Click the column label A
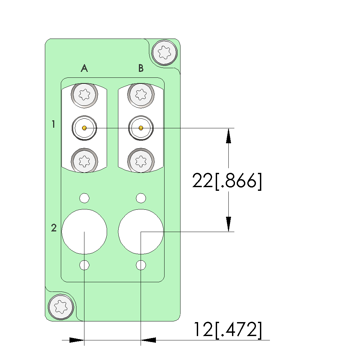pyautogui.click(x=84, y=68)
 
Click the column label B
pyautogui.click(x=141, y=68)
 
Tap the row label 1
pyautogui.click(x=54, y=124)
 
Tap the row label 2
pyautogui.click(x=54, y=228)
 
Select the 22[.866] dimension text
pyautogui.click(x=227, y=181)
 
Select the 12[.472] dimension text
pyautogui.click(x=228, y=330)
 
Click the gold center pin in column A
pyautogui.click(x=84, y=128)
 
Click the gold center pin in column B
pyautogui.click(x=141, y=128)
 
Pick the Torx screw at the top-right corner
pyautogui.click(x=165, y=53)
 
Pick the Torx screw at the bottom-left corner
pyautogui.click(x=61, y=307)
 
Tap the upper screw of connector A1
pyautogui.click(x=84, y=95)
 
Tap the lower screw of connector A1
pyautogui.click(x=84, y=161)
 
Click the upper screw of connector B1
pyautogui.click(x=141, y=95)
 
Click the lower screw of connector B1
pyautogui.click(x=141, y=161)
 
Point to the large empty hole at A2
pyautogui.click(x=84, y=232)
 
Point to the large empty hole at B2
pyautogui.click(x=141, y=232)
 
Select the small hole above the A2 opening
pyautogui.click(x=84, y=198)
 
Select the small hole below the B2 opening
pyautogui.click(x=141, y=265)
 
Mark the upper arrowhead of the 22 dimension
pyautogui.click(x=228, y=136)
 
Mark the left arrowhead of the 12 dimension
pyautogui.click(x=77, y=340)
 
